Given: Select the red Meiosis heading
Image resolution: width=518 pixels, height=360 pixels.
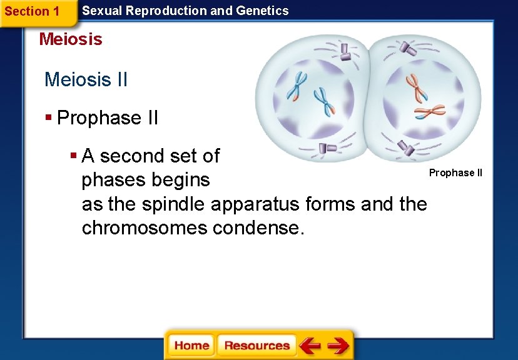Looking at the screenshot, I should (70, 39).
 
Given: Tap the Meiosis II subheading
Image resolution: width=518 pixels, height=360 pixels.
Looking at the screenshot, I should (86, 80).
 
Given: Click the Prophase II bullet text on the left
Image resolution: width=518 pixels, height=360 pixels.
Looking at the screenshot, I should (107, 117).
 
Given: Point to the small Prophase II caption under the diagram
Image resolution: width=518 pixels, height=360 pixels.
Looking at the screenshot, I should (455, 172).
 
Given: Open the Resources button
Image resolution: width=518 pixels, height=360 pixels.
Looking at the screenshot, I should (256, 346).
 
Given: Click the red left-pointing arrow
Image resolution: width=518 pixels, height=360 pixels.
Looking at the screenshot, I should (309, 346).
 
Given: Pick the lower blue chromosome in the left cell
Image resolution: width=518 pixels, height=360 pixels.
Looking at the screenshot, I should (324, 102).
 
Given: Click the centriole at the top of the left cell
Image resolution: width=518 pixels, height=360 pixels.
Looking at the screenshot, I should (345, 51).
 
